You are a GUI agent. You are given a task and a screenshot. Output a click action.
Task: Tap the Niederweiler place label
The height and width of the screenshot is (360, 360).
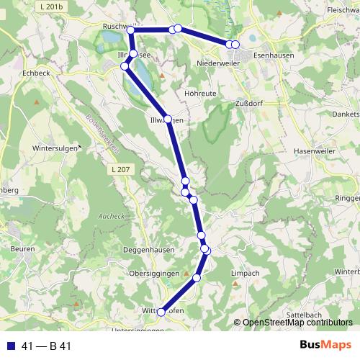tap(219, 63)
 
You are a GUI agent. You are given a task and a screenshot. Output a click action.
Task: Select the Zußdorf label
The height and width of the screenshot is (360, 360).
tap(249, 103)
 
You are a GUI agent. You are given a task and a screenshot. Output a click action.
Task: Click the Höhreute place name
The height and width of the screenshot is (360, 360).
tap(201, 92)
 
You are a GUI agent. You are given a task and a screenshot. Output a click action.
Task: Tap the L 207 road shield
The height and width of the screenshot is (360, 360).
tap(121, 168)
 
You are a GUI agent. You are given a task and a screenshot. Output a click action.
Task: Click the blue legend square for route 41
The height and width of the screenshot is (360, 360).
tap(10, 346)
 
